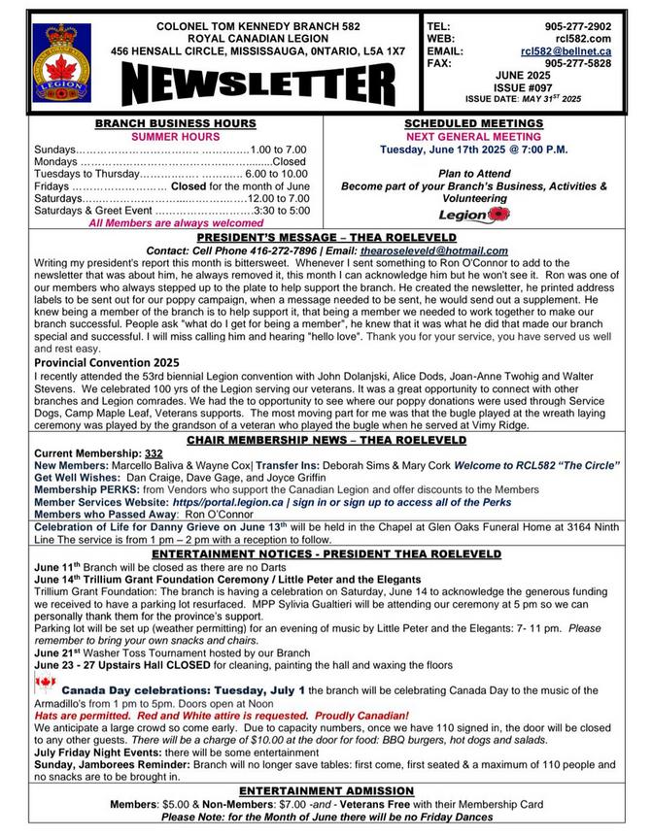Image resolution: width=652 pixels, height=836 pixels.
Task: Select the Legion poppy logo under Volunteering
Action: click(x=473, y=214)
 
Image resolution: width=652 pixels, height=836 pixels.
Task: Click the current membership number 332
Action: click(x=154, y=453)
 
